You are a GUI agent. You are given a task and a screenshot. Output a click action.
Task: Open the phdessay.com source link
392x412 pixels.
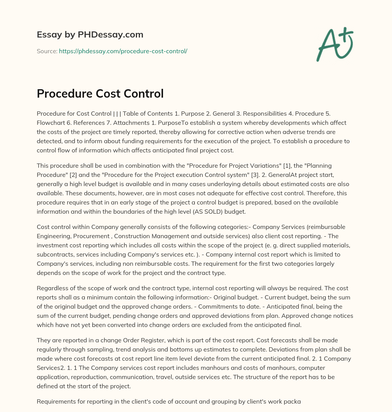click(x=123, y=51)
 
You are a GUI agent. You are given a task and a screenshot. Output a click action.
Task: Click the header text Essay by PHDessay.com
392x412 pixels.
click(x=90, y=35)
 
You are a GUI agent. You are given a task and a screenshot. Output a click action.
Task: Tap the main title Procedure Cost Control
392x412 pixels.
click(x=100, y=93)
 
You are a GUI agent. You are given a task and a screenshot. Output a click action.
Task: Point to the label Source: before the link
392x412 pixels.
click(x=47, y=51)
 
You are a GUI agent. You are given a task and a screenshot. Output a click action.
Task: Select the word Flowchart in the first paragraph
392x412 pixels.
click(x=51, y=123)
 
